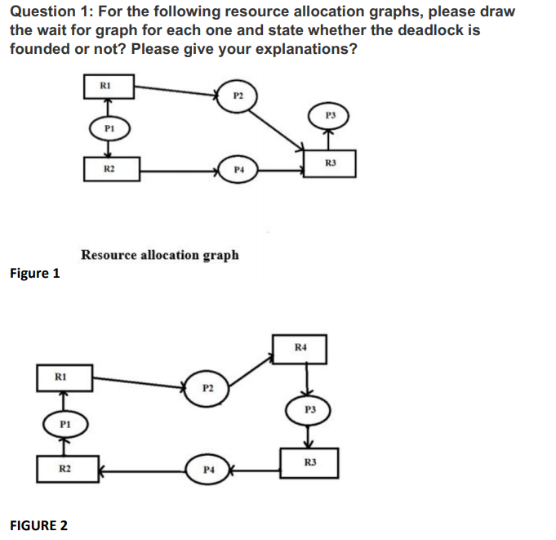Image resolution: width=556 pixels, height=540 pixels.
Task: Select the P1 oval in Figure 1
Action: (x=109, y=128)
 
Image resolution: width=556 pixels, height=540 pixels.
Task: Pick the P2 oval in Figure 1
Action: (x=238, y=96)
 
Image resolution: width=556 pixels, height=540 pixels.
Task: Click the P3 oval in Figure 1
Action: (x=330, y=115)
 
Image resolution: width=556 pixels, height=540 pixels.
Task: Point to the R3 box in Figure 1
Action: (x=330, y=162)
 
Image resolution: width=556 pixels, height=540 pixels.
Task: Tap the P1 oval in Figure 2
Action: (x=64, y=423)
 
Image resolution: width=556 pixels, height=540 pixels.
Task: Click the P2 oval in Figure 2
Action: (x=207, y=386)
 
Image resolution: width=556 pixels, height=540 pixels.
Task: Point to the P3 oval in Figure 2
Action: (x=309, y=409)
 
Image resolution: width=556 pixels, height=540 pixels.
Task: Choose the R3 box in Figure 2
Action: (x=309, y=463)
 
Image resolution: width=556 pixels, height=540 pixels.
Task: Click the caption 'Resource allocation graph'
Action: (x=160, y=255)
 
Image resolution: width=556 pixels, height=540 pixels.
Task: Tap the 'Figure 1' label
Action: (x=34, y=274)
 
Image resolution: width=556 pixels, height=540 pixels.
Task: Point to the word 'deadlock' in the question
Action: (x=421, y=30)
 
